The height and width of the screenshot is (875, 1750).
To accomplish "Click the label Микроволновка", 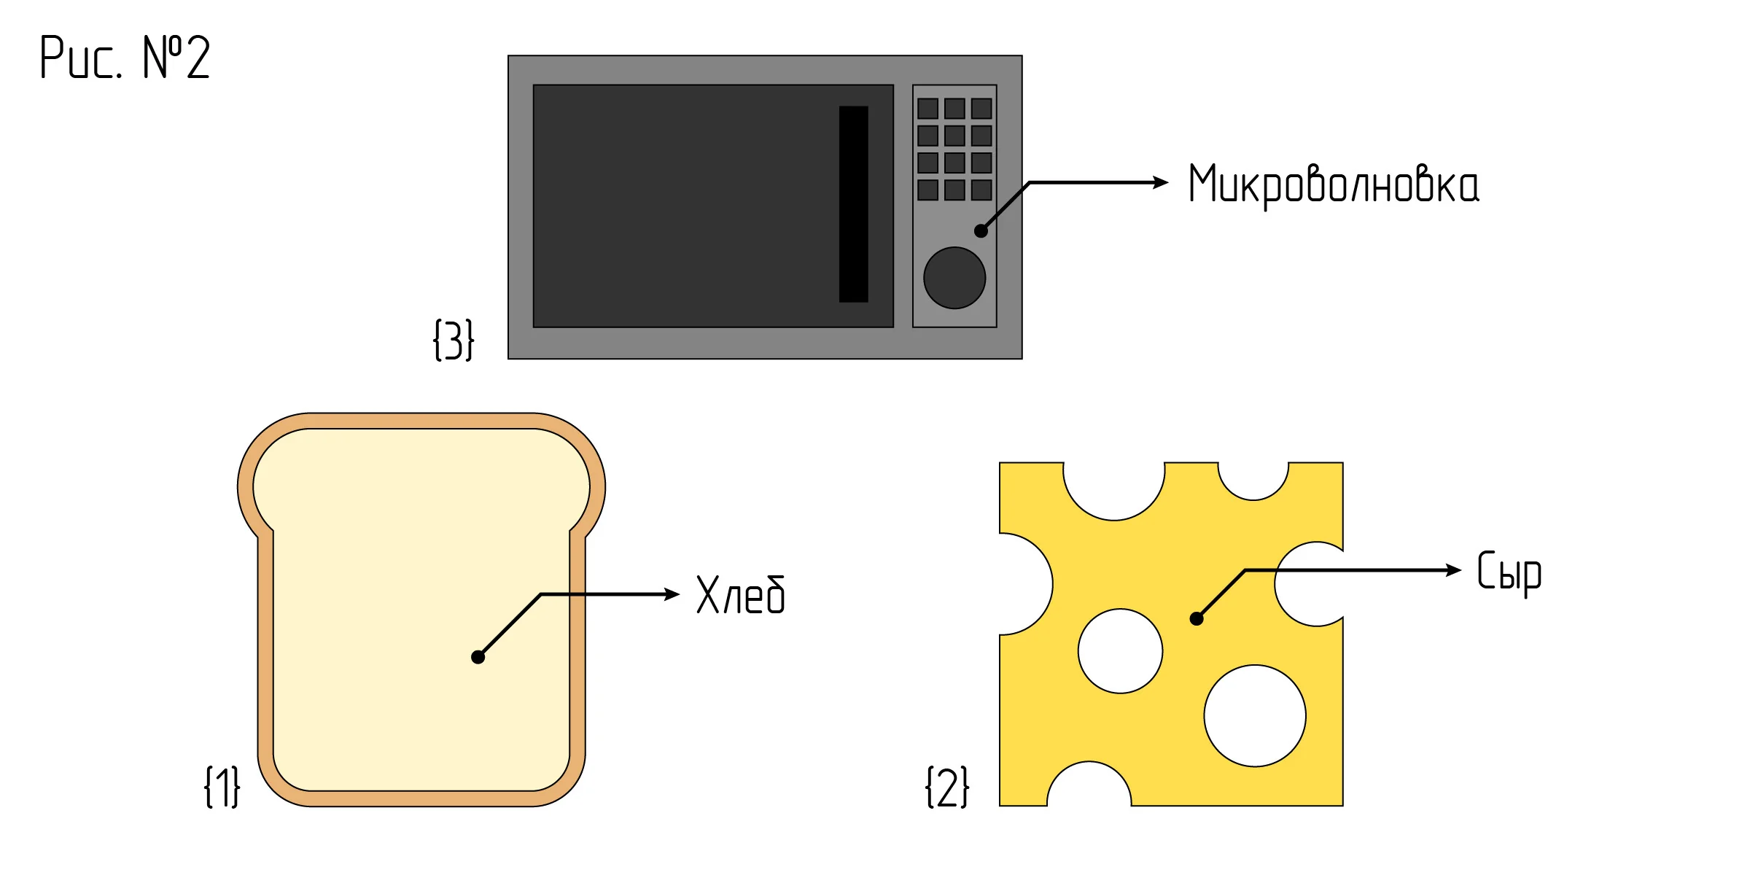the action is (1334, 184).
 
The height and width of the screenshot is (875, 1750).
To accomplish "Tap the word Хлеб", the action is (741, 595).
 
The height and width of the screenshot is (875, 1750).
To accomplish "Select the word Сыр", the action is (1509, 573).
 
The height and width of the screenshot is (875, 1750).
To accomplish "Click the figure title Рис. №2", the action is (125, 57).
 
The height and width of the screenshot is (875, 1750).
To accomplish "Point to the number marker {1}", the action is (222, 787).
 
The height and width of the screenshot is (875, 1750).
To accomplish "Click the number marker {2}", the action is (947, 787).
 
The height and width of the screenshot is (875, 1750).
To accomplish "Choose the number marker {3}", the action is (454, 340).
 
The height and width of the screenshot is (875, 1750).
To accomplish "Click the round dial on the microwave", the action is (954, 278).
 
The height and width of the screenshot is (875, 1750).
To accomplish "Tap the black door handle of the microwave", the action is (854, 204).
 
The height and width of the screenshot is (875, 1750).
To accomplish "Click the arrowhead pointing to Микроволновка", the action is (1161, 182).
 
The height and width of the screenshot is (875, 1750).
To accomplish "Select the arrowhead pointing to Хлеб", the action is (672, 594).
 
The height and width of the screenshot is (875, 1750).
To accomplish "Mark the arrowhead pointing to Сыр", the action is (1454, 570).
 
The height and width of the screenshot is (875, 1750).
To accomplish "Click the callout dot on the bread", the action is (478, 657).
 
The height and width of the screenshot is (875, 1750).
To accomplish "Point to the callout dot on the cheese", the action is (1197, 618).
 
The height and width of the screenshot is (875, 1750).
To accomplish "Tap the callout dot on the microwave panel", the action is (981, 230).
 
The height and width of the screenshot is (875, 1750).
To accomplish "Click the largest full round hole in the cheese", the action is (1255, 716).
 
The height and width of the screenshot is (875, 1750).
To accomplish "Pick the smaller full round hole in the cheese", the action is (1121, 651).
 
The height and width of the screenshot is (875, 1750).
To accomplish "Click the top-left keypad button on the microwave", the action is (927, 109).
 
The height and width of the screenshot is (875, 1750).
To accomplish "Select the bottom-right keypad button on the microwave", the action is (981, 190).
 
